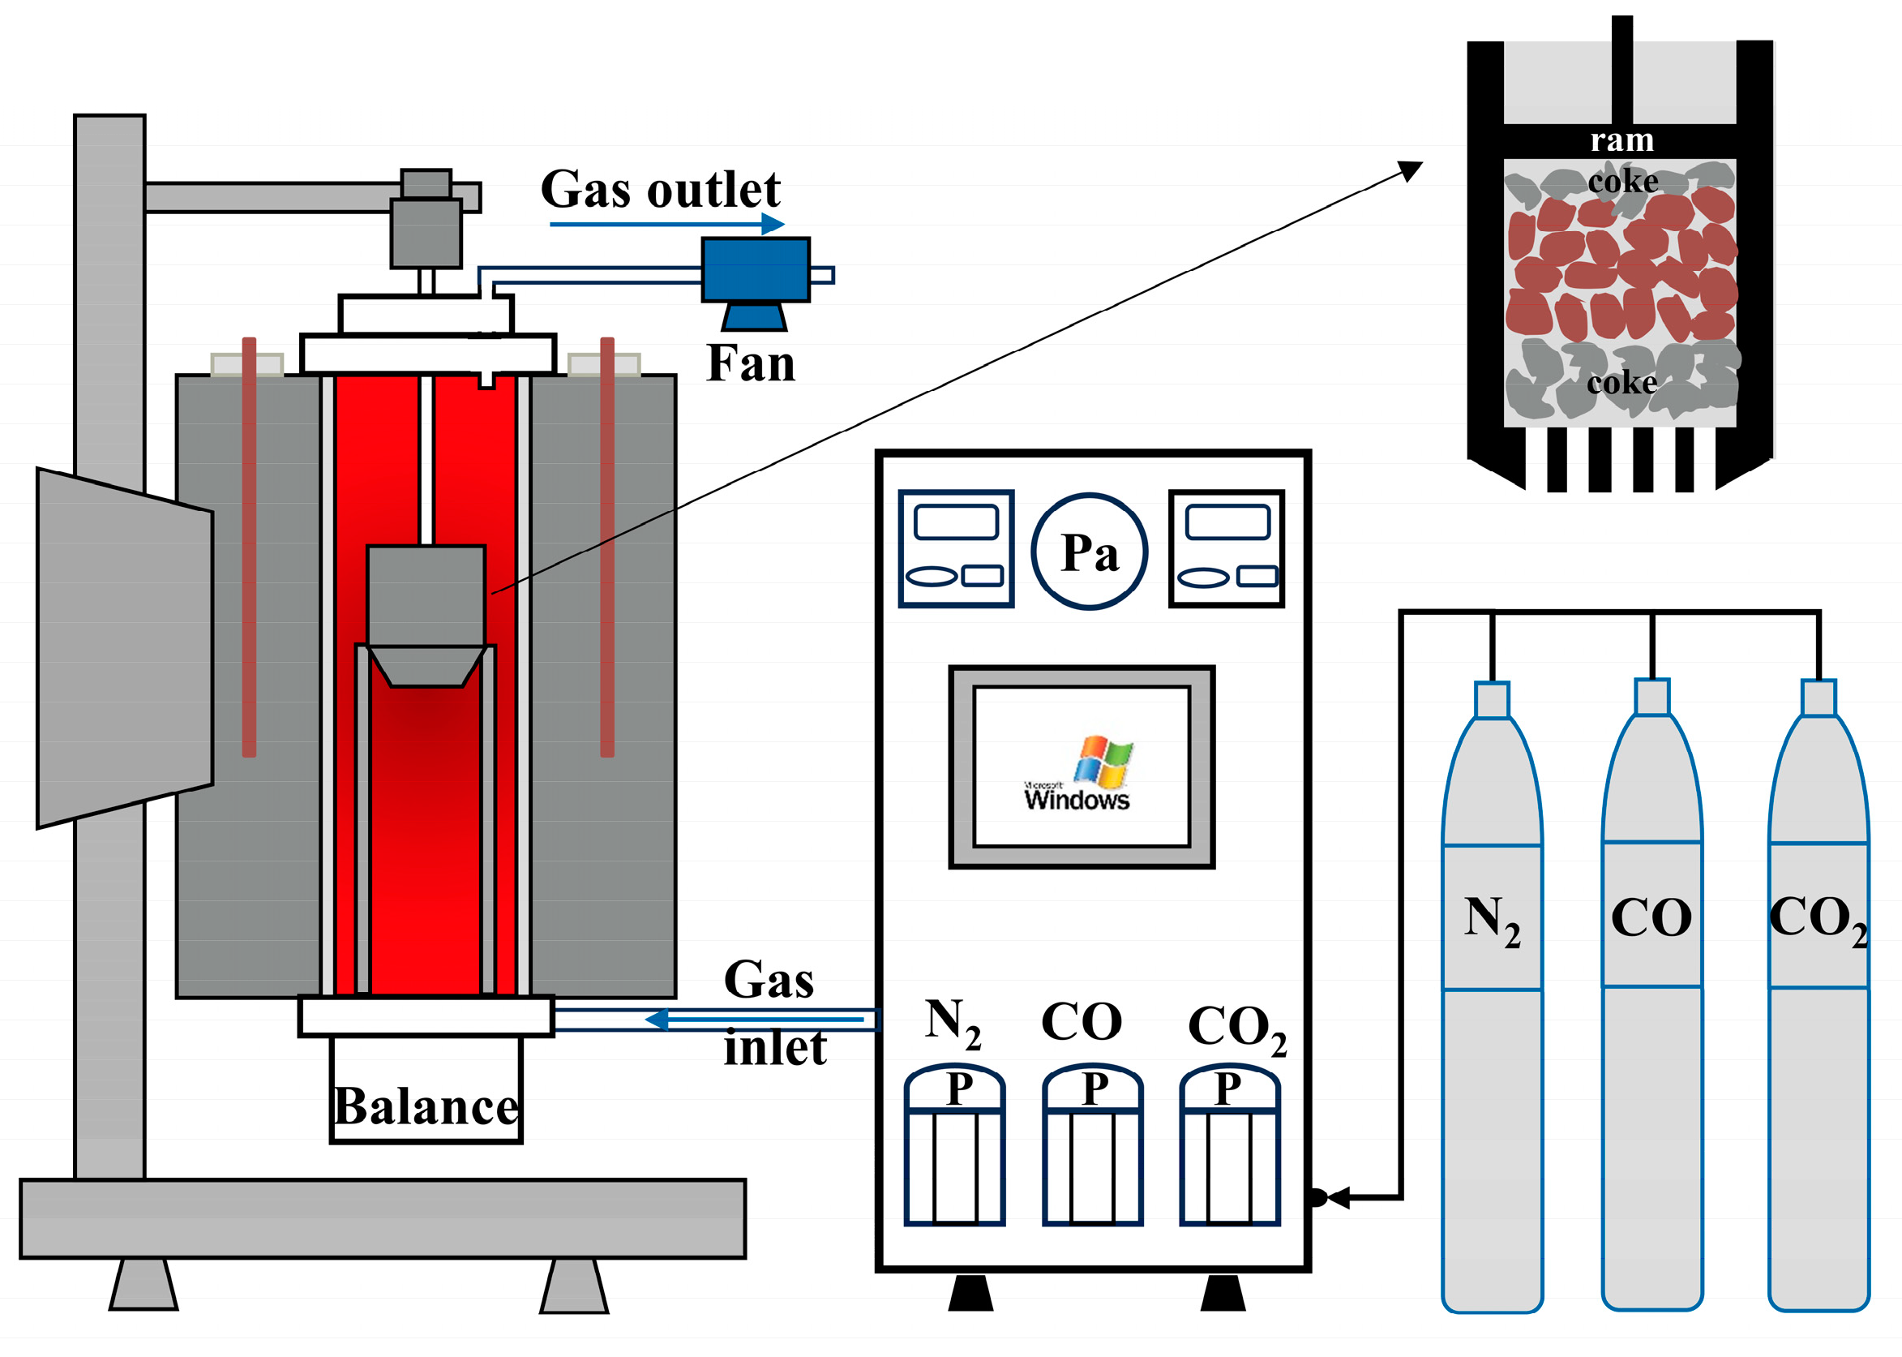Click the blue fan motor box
[755, 270]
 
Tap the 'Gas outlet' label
[660, 189]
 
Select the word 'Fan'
[750, 363]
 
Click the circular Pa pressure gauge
[1090, 552]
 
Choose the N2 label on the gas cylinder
[1492, 921]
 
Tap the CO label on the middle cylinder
[1651, 917]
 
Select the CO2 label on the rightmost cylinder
[1818, 920]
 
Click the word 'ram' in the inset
[1621, 140]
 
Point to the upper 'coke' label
[1623, 181]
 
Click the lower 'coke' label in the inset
[1622, 382]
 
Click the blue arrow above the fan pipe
[666, 224]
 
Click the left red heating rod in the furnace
[249, 548]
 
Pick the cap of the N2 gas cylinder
[1492, 699]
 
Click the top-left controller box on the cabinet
[957, 548]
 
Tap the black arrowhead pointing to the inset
[1410, 170]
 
